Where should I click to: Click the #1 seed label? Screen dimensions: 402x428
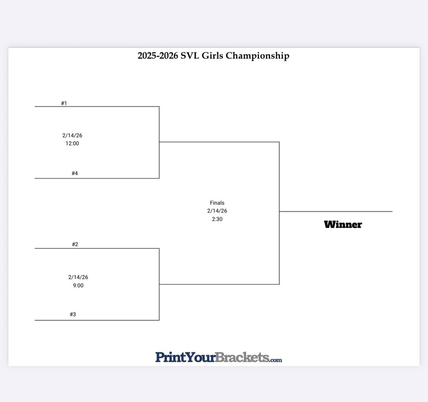[64, 103]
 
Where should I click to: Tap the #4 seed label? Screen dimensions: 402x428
[74, 173]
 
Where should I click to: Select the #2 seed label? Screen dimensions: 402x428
[75, 244]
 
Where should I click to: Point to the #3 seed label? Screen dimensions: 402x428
[73, 314]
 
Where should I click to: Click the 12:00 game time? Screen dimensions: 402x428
[72, 143]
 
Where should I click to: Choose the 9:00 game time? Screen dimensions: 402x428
[78, 286]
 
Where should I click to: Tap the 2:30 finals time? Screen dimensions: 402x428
[217, 219]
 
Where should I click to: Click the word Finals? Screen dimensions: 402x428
[217, 203]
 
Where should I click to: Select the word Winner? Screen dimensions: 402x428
[343, 225]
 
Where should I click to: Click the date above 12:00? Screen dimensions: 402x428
[72, 136]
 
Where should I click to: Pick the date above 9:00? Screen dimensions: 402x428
[78, 277]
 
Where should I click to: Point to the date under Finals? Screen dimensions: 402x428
[217, 211]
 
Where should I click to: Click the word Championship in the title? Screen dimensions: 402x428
[257, 56]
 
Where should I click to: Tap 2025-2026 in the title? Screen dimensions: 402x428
[158, 56]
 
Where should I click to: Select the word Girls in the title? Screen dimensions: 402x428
[213, 56]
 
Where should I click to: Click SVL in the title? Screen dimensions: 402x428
[190, 56]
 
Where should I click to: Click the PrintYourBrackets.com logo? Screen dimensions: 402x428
[218, 357]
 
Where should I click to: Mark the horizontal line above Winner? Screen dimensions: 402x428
[336, 212]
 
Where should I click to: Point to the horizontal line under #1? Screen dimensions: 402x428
[97, 107]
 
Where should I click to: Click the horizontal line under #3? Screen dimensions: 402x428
[97, 320]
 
